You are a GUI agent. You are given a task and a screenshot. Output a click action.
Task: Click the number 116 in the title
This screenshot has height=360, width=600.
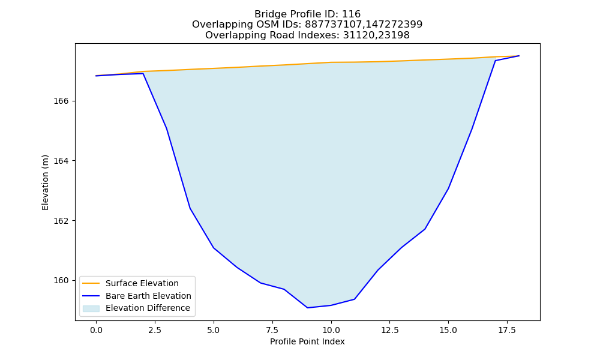(x=351, y=14)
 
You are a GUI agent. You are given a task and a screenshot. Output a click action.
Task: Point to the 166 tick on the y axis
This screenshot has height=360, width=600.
(x=61, y=101)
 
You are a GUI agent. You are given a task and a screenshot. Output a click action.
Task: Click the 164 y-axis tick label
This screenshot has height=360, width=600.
(x=61, y=161)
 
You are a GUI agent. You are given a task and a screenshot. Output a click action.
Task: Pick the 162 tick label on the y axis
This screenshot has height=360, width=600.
(x=61, y=221)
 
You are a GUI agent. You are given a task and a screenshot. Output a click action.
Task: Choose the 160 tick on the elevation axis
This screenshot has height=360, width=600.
(x=61, y=280)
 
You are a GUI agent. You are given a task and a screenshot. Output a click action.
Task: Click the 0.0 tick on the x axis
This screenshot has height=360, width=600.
(x=96, y=330)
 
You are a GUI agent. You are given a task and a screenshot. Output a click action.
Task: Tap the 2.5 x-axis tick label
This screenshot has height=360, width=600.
(x=155, y=330)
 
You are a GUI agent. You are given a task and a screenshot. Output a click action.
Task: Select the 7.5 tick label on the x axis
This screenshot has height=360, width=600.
(x=272, y=330)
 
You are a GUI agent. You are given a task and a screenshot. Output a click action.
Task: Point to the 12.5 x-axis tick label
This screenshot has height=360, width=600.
(x=389, y=330)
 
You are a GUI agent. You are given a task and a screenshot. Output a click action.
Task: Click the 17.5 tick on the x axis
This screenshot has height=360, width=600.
(x=507, y=330)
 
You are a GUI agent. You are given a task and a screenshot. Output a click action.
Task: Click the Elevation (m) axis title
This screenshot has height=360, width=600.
(x=45, y=182)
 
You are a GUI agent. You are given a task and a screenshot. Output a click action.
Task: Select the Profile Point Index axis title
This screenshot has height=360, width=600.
(x=307, y=341)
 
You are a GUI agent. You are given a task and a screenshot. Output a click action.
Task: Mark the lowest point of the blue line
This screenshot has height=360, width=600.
(x=307, y=308)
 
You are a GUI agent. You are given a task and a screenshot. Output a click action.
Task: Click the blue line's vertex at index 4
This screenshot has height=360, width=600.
(x=190, y=209)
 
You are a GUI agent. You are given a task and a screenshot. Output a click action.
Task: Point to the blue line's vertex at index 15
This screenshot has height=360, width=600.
(x=448, y=188)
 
